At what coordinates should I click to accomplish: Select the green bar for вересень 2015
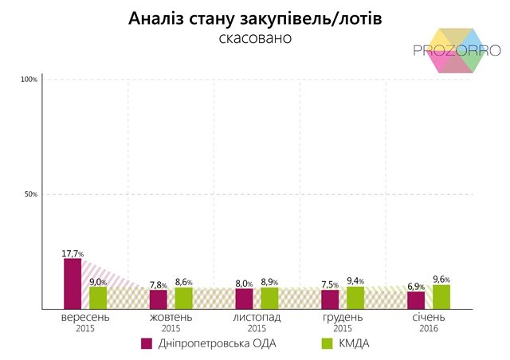(x=98, y=297)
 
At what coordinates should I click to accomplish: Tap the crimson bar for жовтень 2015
(x=159, y=299)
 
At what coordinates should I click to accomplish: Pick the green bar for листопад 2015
(x=270, y=298)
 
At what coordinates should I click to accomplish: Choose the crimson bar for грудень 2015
(x=330, y=299)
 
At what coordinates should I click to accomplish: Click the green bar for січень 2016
(x=441, y=296)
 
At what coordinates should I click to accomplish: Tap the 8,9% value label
(x=270, y=282)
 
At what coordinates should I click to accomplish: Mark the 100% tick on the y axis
(x=29, y=80)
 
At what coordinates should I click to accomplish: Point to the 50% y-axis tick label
(x=31, y=194)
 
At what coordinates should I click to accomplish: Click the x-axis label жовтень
(x=171, y=318)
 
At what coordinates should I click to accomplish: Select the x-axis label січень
(x=428, y=318)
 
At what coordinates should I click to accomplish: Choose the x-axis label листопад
(x=257, y=318)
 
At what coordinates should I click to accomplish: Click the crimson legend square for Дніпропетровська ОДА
(x=147, y=343)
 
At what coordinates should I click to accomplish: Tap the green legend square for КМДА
(x=325, y=343)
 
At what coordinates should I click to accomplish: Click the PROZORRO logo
(x=456, y=49)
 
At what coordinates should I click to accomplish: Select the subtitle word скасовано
(x=255, y=37)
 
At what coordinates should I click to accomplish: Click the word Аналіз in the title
(x=155, y=18)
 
